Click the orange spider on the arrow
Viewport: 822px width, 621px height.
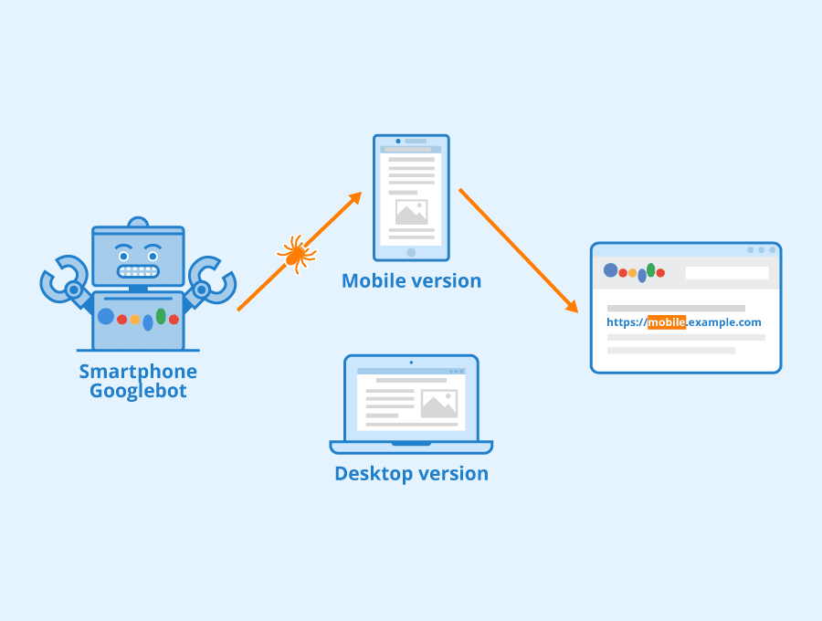(x=295, y=253)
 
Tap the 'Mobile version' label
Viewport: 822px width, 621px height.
(x=411, y=280)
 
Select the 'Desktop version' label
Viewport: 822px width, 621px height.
(x=411, y=473)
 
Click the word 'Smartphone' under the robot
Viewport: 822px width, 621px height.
(x=138, y=371)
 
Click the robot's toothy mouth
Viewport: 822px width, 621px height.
(x=139, y=271)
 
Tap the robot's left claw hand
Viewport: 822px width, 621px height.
(x=61, y=279)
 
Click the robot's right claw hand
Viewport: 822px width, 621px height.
(x=211, y=279)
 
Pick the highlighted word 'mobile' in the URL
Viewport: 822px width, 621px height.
(x=667, y=322)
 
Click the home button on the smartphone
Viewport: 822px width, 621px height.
(x=411, y=252)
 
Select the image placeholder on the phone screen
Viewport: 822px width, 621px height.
(x=411, y=212)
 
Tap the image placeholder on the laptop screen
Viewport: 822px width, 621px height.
(x=438, y=404)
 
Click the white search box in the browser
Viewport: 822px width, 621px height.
(x=727, y=272)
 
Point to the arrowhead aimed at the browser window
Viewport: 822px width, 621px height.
(x=572, y=307)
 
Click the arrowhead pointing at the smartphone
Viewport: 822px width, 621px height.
(x=354, y=198)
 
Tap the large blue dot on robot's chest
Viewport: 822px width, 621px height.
(x=106, y=316)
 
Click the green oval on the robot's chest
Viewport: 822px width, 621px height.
(x=161, y=316)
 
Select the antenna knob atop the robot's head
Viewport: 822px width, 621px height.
(x=138, y=222)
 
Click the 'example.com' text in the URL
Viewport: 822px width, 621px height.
(x=725, y=322)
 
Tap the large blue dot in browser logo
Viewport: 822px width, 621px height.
(x=610, y=270)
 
